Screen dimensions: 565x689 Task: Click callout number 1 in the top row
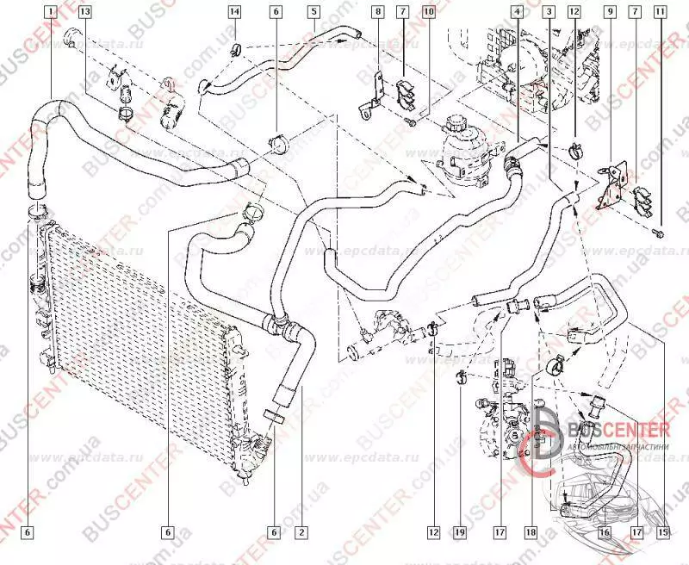(52, 12)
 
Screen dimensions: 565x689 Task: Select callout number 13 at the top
(84, 12)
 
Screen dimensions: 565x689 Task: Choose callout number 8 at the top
(377, 12)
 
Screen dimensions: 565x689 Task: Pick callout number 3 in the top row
(549, 12)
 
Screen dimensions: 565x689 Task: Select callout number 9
(609, 12)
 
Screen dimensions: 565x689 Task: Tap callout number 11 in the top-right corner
(660, 12)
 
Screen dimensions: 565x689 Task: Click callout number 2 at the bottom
(301, 533)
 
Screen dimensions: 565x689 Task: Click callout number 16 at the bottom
(605, 533)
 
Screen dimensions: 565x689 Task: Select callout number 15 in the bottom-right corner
(662, 533)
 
